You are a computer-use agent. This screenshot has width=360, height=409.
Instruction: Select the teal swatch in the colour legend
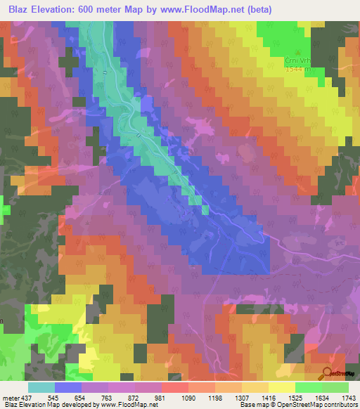click(x=41, y=388)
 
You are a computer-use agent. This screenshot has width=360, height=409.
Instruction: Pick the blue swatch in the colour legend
click(x=68, y=388)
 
